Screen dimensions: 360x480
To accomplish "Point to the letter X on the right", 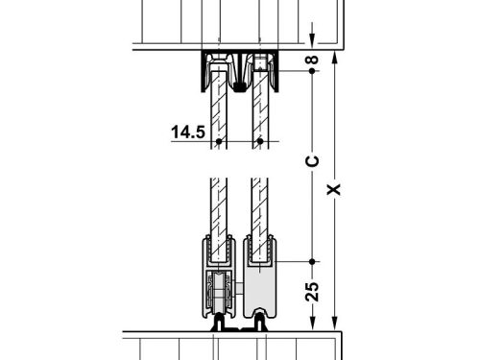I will tap(333, 188).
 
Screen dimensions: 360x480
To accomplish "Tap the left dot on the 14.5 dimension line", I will tap(220, 142).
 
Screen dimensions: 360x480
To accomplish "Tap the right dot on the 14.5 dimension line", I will tap(258, 142).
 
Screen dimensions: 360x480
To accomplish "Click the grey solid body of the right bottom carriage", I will tap(259, 293).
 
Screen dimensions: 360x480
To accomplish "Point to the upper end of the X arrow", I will tap(333, 56).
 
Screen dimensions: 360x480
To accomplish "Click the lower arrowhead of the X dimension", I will tap(333, 324).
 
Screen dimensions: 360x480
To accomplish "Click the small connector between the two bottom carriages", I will tap(239, 326).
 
